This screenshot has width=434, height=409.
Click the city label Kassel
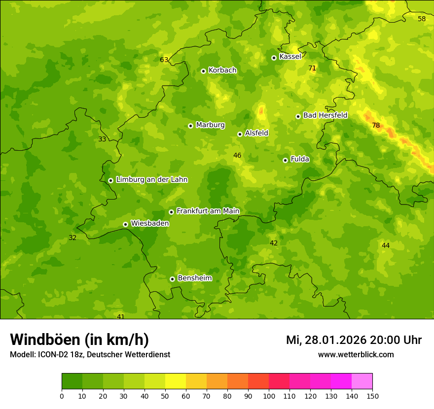[290, 57]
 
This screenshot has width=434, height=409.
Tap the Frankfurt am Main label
[208, 211]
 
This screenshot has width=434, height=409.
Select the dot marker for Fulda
[285, 160]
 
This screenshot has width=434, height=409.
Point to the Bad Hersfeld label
[325, 115]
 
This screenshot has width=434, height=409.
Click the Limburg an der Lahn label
[151, 180]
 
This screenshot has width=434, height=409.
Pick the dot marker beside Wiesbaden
[125, 224]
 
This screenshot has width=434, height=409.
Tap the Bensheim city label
[194, 278]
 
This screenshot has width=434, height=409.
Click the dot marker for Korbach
[203, 71]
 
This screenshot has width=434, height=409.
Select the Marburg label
[210, 125]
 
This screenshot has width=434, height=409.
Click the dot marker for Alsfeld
[240, 134]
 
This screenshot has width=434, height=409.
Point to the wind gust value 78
[376, 126]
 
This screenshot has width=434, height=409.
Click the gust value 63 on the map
[164, 60]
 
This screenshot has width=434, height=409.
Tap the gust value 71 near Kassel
[312, 68]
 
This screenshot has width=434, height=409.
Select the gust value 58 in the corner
[422, 19]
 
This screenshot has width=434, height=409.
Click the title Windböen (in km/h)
[79, 340]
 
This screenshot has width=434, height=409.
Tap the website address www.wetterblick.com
[356, 354]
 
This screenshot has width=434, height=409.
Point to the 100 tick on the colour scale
[269, 396]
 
